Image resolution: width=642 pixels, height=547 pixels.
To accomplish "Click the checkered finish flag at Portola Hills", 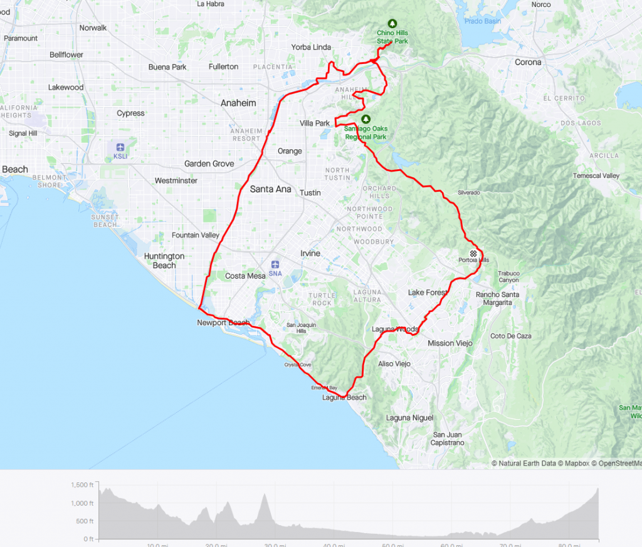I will pyautogui.click(x=473, y=253).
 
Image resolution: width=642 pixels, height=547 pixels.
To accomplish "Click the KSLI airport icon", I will pyautogui.click(x=119, y=147).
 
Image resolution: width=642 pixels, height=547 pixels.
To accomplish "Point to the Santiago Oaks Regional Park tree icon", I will pyautogui.click(x=366, y=118).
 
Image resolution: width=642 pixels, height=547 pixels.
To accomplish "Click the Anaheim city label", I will pyautogui.click(x=238, y=103).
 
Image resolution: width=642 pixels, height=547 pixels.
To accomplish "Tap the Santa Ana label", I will pyautogui.click(x=270, y=189).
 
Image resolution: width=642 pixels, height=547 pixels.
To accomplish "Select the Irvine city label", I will pyautogui.click(x=310, y=253).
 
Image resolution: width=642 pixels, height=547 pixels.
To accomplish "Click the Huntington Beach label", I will pyautogui.click(x=164, y=261).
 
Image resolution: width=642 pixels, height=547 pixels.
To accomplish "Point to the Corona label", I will pyautogui.click(x=528, y=62).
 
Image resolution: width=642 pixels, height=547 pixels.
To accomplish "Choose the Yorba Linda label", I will pyautogui.click(x=311, y=47).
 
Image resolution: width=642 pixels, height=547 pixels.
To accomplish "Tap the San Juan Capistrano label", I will pyautogui.click(x=447, y=439).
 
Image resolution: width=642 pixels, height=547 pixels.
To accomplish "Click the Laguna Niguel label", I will pyautogui.click(x=409, y=418).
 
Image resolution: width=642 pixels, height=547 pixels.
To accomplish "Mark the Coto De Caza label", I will pyautogui.click(x=510, y=336).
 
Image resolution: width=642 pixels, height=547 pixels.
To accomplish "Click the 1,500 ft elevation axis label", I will pyautogui.click(x=82, y=485).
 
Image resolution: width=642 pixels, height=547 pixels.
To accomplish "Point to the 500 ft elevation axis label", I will pyautogui.click(x=83, y=521).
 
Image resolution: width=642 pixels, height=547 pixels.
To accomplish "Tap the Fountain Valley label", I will pyautogui.click(x=196, y=235).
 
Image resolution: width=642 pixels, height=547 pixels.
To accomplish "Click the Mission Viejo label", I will pyautogui.click(x=450, y=343).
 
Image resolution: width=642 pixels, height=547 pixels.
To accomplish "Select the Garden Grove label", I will pyautogui.click(x=209, y=164).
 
